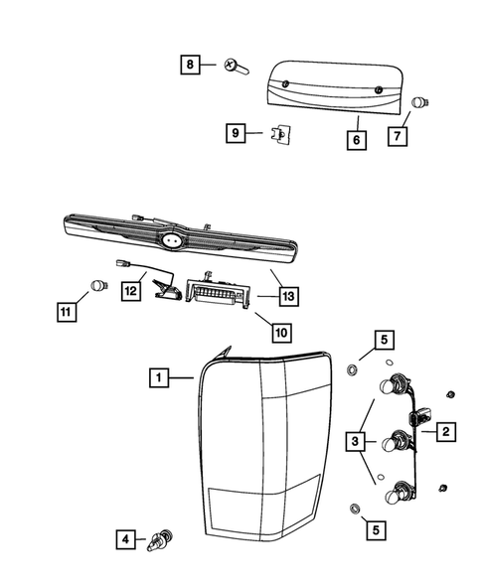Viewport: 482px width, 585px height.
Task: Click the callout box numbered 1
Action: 156,377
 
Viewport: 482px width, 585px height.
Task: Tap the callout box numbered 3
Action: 355,440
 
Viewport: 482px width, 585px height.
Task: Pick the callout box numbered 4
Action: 124,541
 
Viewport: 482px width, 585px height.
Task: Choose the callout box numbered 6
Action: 355,141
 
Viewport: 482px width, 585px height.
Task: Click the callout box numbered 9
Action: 235,132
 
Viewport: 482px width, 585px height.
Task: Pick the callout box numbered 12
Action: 131,290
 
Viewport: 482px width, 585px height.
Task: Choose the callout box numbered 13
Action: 288,295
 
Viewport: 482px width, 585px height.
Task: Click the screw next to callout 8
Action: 236,67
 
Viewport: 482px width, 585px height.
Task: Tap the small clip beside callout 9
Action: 280,133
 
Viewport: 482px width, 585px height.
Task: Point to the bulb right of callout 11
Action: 97,286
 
